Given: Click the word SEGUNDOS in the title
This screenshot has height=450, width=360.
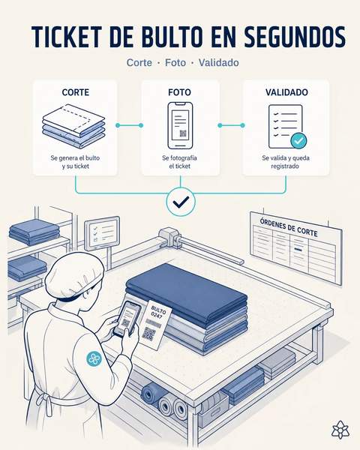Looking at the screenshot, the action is coord(295,37).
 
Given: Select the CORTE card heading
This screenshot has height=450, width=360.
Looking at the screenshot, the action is coord(76,92).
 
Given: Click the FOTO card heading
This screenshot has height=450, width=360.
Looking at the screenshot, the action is coord(179,92).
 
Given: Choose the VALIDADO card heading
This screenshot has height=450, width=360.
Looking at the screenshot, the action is coord(286,92).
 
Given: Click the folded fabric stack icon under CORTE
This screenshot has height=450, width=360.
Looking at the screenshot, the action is coord(74,125).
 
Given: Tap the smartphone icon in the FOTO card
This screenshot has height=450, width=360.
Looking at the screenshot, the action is coord(180,125).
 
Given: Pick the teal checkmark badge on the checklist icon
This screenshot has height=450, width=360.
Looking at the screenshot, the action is coord(298,140).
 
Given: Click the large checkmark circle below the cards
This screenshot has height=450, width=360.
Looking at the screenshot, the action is coord(181,202).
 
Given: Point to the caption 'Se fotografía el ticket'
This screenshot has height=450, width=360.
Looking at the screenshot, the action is coord(180,162).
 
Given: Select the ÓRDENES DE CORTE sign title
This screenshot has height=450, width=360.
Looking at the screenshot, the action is coord(289,228).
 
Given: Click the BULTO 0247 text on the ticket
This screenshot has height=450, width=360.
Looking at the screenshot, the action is coord(157,313).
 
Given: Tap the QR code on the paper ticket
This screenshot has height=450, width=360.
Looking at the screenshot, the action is coord(148,334).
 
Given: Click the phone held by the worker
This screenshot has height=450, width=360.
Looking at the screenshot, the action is coord(127,319).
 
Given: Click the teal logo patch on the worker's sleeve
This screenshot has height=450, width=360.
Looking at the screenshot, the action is coord(94,358).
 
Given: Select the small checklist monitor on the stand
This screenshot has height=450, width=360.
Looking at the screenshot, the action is coord(102,233).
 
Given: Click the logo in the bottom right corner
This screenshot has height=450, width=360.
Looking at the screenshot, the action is coord(340,430).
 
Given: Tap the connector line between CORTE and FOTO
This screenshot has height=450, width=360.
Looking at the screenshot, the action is coord(129,125).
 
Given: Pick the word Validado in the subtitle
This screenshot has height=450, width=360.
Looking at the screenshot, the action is coord(219,62).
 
